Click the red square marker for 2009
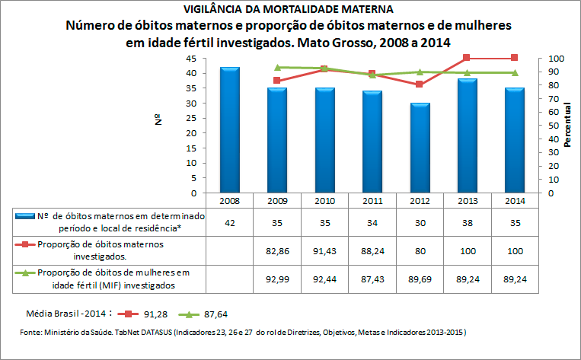pyautogui.click(x=276, y=81)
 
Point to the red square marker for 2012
pyautogui.click(x=419, y=84)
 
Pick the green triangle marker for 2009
pyautogui.click(x=277, y=68)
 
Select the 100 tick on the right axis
pyautogui.click(x=556, y=59)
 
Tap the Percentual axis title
pyautogui.click(x=567, y=126)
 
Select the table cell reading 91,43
pyautogui.click(x=324, y=250)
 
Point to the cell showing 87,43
pyautogui.click(x=372, y=279)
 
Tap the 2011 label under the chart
pyautogui.click(x=372, y=200)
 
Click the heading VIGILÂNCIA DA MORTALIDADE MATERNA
pyautogui.click(x=289, y=10)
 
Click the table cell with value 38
pyautogui.click(x=467, y=223)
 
